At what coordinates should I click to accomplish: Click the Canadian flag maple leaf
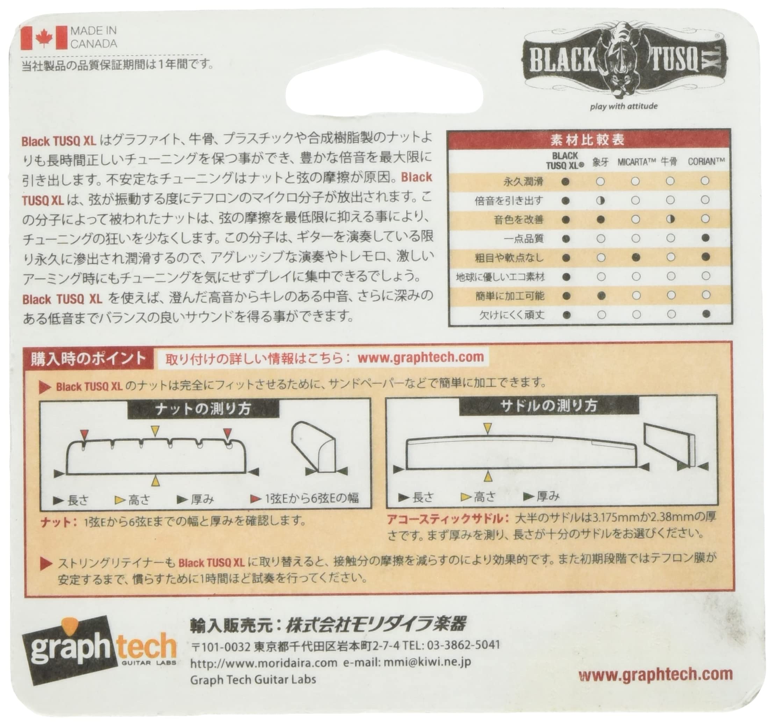tap(44, 38)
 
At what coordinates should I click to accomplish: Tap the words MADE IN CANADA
tap(93, 37)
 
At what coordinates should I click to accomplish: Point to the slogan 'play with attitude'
tap(623, 106)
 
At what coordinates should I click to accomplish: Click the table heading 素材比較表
tap(588, 140)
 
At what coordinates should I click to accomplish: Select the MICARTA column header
tap(637, 162)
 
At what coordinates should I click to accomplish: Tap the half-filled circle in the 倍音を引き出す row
tap(600, 201)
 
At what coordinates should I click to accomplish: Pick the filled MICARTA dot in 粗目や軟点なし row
tap(636, 257)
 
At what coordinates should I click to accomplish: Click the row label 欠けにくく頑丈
tap(511, 315)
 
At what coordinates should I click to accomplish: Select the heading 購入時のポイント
tap(88, 359)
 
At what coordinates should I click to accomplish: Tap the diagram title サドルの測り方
tap(549, 407)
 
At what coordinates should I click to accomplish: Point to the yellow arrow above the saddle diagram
tap(487, 428)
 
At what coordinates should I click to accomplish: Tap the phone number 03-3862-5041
tap(463, 645)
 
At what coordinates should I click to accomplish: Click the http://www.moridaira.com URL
tap(264, 663)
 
